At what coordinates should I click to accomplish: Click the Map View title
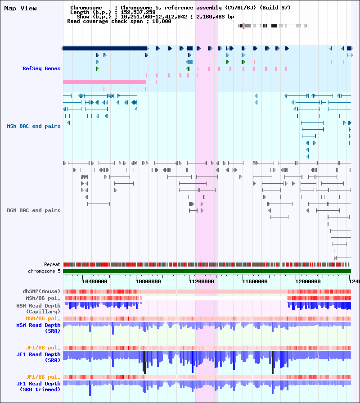pyautogui.click(x=21, y=9)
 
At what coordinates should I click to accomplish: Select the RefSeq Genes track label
pyautogui.click(x=41, y=68)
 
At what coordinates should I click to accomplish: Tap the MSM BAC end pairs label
pyautogui.click(x=34, y=126)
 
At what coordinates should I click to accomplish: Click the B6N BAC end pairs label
pyautogui.click(x=34, y=210)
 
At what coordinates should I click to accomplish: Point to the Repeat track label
pyautogui.click(x=52, y=265)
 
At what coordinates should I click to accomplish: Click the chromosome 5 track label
pyautogui.click(x=44, y=272)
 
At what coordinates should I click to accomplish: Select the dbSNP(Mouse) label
pyautogui.click(x=41, y=291)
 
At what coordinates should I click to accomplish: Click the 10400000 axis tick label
pyautogui.click(x=94, y=282)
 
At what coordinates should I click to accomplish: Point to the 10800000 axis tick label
pyautogui.click(x=148, y=282)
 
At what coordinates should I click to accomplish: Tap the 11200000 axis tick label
pyautogui.click(x=201, y=282)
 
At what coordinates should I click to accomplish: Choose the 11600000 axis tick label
pyautogui.click(x=255, y=282)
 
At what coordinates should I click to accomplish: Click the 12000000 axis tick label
pyautogui.click(x=308, y=282)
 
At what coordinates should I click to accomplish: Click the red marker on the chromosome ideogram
pyautogui.click(x=243, y=26)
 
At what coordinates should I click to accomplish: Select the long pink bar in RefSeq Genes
pyautogui.click(x=104, y=82)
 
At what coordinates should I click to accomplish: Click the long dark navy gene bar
pyautogui.click(x=105, y=48)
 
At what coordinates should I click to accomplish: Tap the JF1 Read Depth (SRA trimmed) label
pyautogui.click(x=39, y=387)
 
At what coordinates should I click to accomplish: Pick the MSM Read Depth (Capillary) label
pyautogui.click(x=39, y=309)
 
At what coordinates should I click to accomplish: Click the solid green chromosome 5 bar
pyautogui.click(x=207, y=272)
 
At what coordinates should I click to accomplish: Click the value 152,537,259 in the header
pyautogui.click(x=138, y=12)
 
